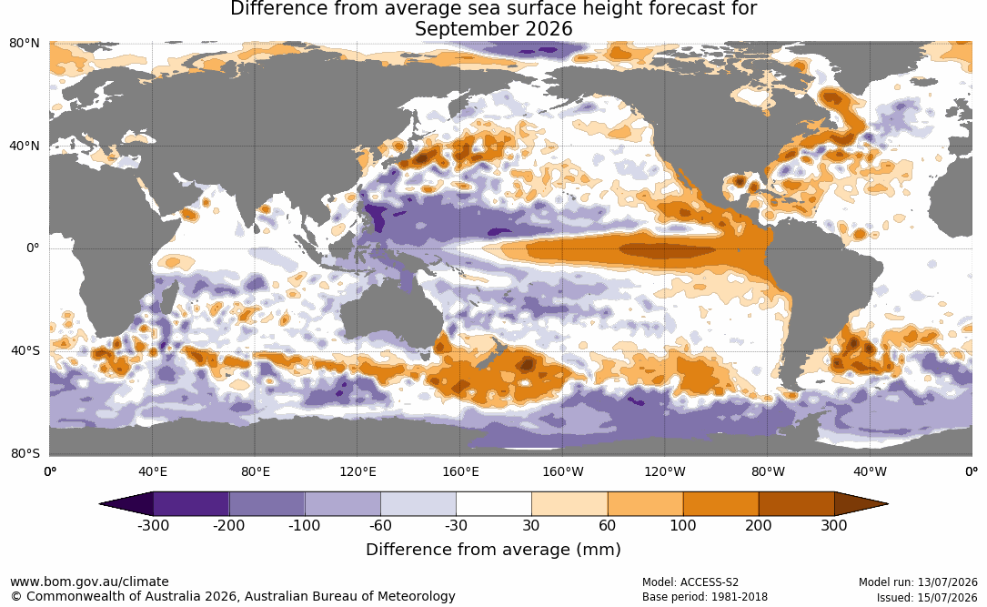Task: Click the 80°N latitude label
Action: pyautogui.click(x=24, y=44)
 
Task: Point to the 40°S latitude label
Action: pyautogui.click(x=25, y=350)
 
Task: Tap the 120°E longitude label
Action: pyautogui.click(x=358, y=471)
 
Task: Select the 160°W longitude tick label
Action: pyautogui.click(x=563, y=471)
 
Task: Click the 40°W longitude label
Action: pyautogui.click(x=870, y=471)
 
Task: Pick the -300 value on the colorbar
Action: pyautogui.click(x=153, y=525)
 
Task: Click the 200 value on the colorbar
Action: pyautogui.click(x=759, y=525)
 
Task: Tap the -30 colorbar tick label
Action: pyautogui.click(x=456, y=525)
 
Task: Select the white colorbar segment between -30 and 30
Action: pyautogui.click(x=493, y=504)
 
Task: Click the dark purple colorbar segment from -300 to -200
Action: pyautogui.click(x=191, y=504)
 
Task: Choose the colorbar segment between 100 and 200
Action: pyautogui.click(x=720, y=504)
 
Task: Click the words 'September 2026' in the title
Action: pyautogui.click(x=493, y=29)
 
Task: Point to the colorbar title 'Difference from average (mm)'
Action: pyautogui.click(x=493, y=550)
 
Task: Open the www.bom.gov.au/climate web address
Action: pyautogui.click(x=89, y=582)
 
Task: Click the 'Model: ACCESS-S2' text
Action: pyautogui.click(x=690, y=582)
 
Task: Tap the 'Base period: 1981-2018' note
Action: pyautogui.click(x=705, y=597)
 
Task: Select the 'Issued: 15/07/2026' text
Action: pyautogui.click(x=927, y=597)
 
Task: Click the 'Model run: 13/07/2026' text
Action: pyautogui.click(x=919, y=582)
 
